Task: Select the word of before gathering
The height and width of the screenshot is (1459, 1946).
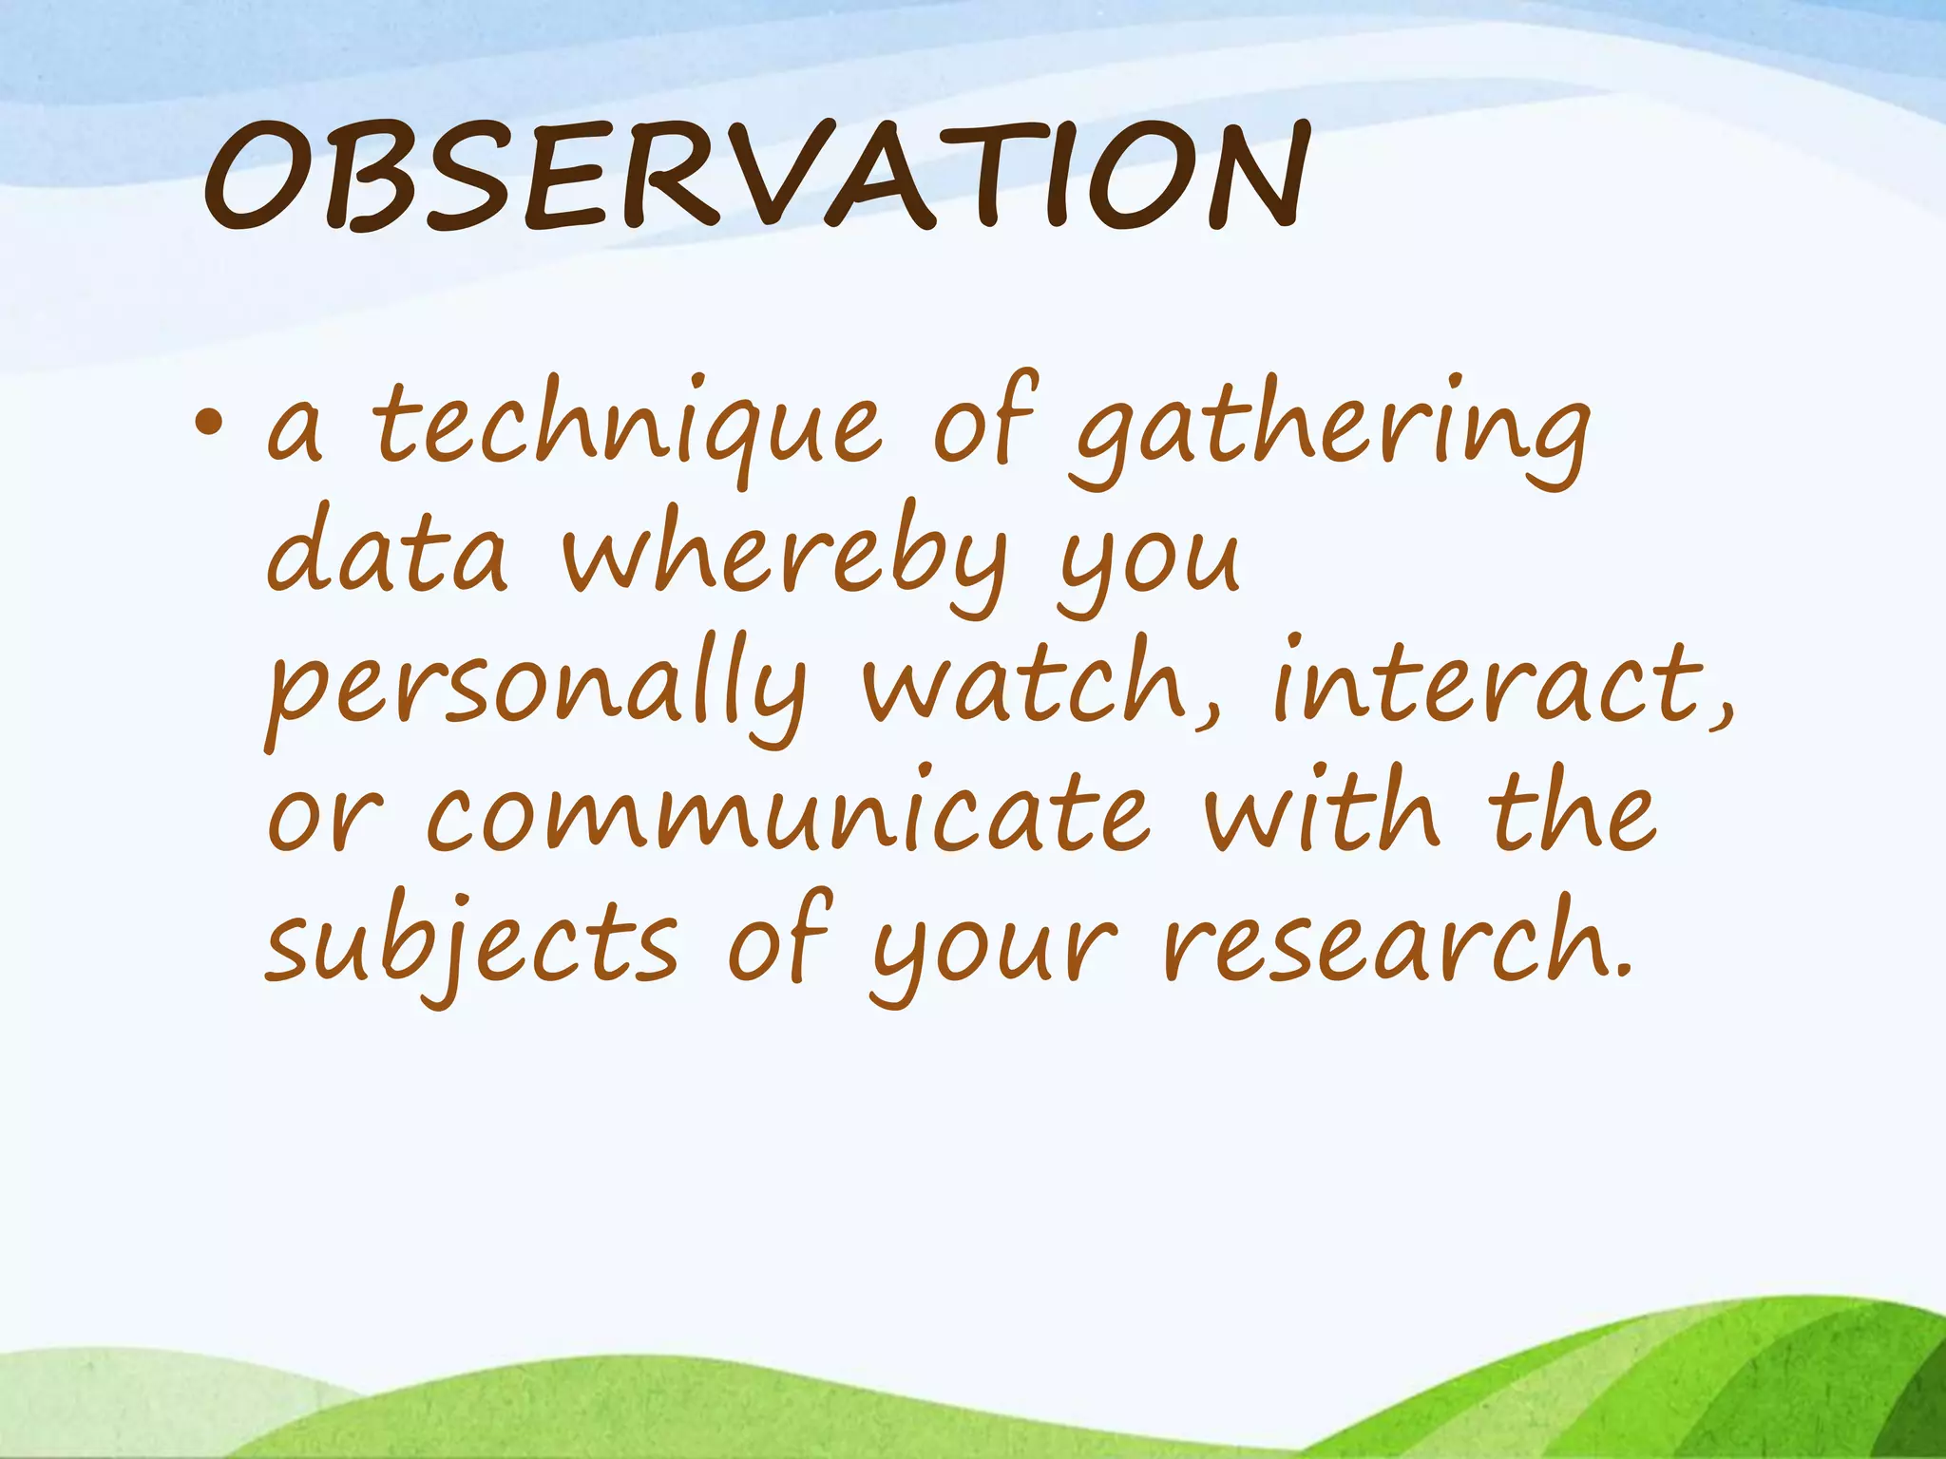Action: tap(984, 424)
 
